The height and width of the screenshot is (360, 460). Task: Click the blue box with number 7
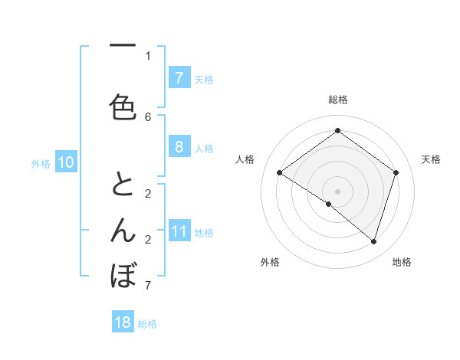[x=179, y=78]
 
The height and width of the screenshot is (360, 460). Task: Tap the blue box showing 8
[x=179, y=147]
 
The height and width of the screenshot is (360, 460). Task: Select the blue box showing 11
[x=179, y=231]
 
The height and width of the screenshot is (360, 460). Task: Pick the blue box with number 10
[x=65, y=162]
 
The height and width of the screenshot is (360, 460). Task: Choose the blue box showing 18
[x=123, y=322]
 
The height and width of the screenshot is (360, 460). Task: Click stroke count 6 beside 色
[x=148, y=117]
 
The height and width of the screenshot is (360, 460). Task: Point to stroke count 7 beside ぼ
[x=148, y=286]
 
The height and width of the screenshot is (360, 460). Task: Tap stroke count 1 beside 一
[x=148, y=55]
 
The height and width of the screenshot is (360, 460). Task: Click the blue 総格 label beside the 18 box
[x=147, y=324]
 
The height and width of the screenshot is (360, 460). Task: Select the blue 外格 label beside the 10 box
[x=40, y=163]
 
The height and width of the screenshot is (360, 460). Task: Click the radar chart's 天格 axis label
[x=431, y=159]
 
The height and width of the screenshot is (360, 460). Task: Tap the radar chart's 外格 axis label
[x=270, y=262]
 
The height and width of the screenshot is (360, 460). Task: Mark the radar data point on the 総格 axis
[x=337, y=130]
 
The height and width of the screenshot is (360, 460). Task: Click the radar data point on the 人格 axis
[x=279, y=173]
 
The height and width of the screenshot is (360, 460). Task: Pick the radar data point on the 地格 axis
[x=373, y=241]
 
